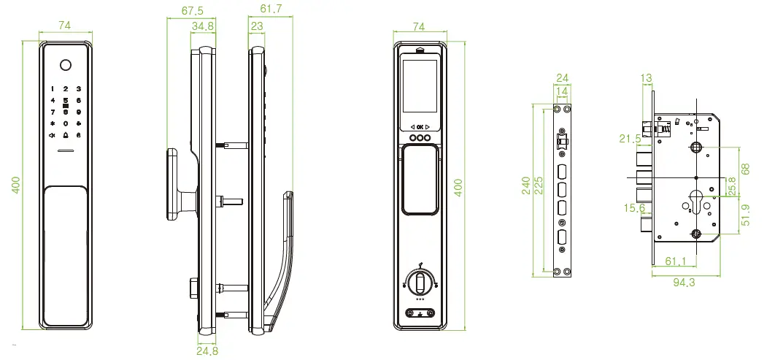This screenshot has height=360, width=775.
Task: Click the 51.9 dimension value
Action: click(x=744, y=215)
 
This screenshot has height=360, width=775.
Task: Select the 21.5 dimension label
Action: click(x=628, y=139)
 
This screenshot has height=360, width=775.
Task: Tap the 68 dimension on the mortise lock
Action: click(x=744, y=168)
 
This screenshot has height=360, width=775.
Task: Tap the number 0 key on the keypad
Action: click(x=65, y=124)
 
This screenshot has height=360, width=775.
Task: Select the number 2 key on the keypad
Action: click(x=65, y=88)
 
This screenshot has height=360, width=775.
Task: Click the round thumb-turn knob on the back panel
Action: click(x=419, y=282)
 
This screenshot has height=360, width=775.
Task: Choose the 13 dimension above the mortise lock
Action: click(x=647, y=78)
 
